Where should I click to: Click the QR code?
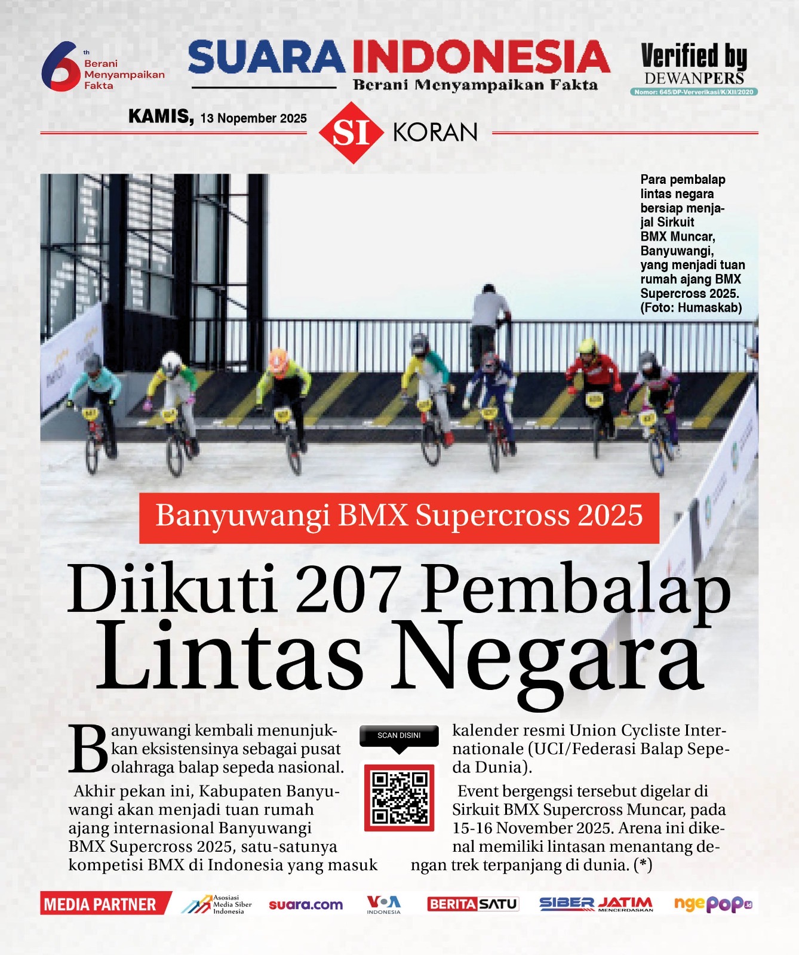point(399,797)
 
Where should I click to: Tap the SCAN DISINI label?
point(399,735)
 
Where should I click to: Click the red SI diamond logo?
point(351,133)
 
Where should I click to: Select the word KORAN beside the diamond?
point(435,133)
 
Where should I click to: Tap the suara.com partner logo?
point(306,905)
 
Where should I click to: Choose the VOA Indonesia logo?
point(383,904)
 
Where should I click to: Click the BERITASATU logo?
point(472,904)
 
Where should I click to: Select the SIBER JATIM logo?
point(596,904)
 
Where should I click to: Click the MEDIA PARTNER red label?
point(100,904)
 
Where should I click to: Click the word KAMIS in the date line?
point(161,116)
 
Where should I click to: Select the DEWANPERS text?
point(694,78)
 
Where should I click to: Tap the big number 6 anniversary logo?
point(60,66)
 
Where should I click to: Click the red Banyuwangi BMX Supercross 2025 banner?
point(399,517)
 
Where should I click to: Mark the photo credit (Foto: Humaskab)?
point(691,308)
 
